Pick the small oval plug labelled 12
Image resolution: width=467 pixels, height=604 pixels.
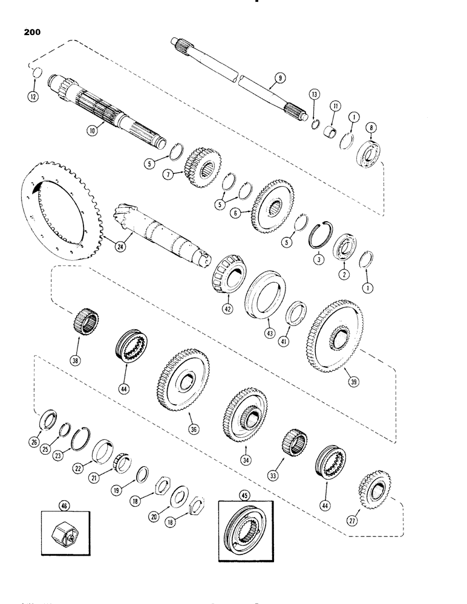click(35, 74)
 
